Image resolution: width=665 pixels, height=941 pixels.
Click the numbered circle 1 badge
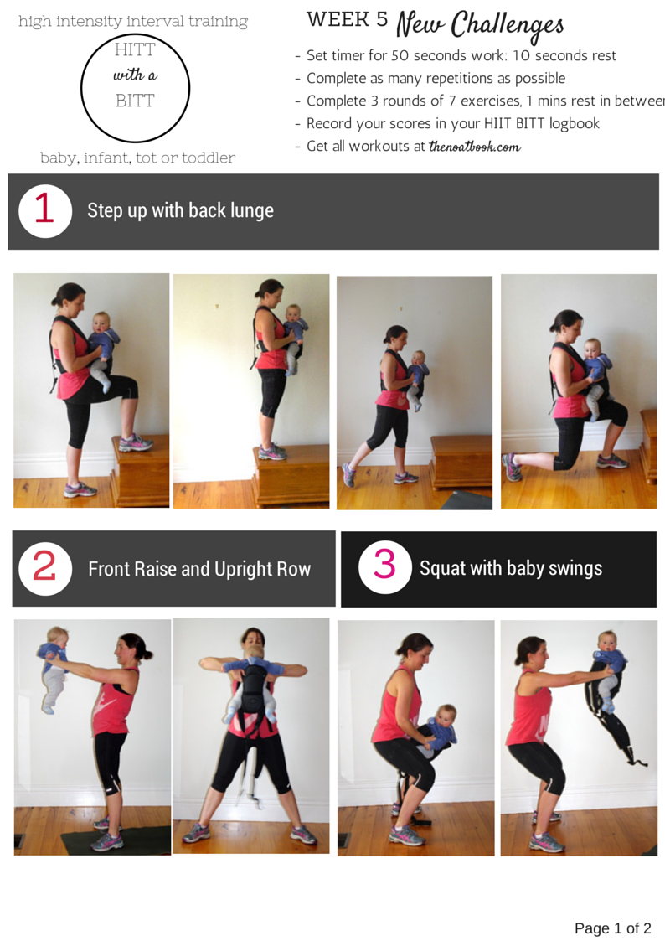pyautogui.click(x=45, y=210)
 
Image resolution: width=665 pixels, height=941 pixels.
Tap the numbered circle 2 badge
pyautogui.click(x=45, y=568)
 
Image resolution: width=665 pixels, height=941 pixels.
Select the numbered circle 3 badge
pyautogui.click(x=385, y=567)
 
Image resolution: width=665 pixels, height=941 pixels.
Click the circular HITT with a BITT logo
pyautogui.click(x=135, y=88)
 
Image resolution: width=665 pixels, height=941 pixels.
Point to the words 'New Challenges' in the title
pyautogui.click(x=480, y=25)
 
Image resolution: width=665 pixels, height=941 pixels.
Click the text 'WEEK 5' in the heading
pyautogui.click(x=348, y=19)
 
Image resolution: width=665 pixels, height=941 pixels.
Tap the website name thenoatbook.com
pyautogui.click(x=474, y=147)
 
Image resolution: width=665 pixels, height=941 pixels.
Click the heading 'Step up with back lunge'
pyautogui.click(x=181, y=210)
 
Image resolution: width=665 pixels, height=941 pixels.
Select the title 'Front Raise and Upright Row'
pyautogui.click(x=199, y=569)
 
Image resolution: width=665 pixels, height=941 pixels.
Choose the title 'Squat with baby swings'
pyautogui.click(x=511, y=568)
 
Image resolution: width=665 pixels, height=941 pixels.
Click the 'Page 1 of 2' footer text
pyautogui.click(x=612, y=928)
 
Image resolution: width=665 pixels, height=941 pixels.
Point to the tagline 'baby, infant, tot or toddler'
pyautogui.click(x=137, y=158)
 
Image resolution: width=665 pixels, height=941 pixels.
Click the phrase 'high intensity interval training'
pyautogui.click(x=133, y=22)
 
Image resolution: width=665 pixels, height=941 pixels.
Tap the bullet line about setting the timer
pyautogui.click(x=456, y=56)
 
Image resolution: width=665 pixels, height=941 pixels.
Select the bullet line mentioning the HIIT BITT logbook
pyautogui.click(x=447, y=124)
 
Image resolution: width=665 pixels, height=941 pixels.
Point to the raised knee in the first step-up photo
pyautogui.click(x=130, y=389)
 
